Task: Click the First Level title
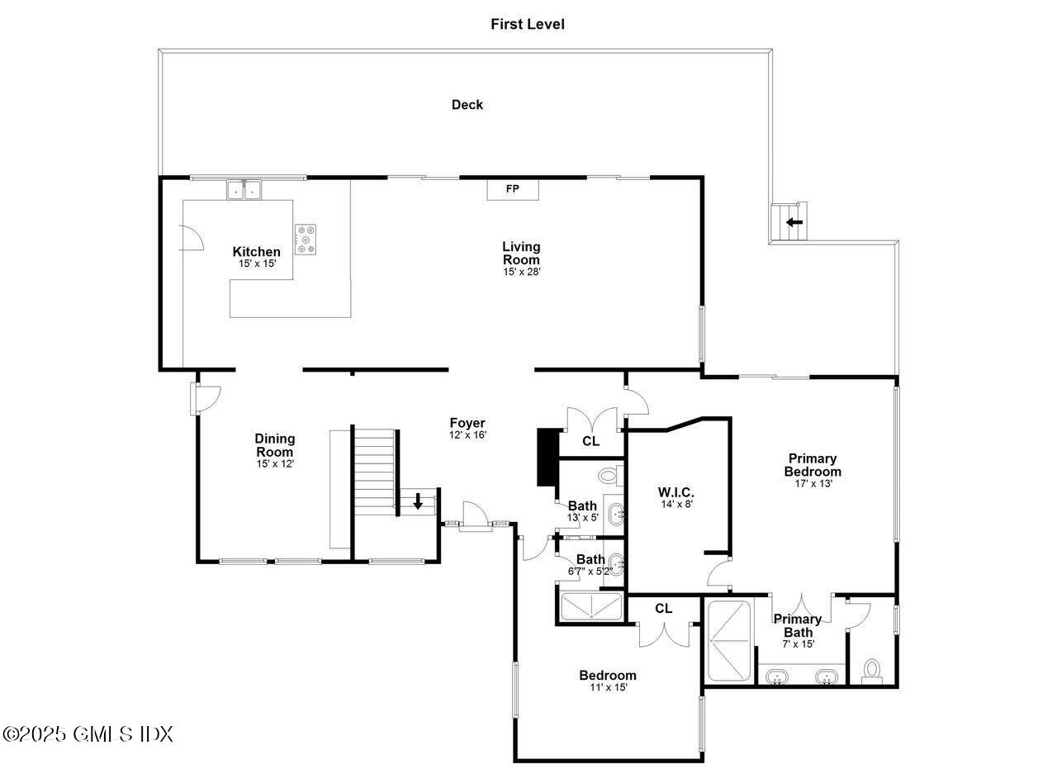point(528,24)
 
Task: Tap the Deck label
point(467,105)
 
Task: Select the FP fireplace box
point(512,189)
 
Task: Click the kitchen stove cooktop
point(306,239)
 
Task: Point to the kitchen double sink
point(244,191)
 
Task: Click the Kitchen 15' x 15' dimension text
point(257,263)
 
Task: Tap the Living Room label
point(521,253)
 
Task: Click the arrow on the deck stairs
point(794,222)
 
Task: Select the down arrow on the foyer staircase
point(419,501)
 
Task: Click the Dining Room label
point(274,445)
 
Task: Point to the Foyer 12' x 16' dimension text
point(467,434)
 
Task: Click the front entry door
point(476,516)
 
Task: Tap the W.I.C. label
point(676,492)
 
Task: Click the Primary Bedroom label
point(813,465)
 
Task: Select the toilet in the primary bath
point(871,671)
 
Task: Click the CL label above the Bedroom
point(664,609)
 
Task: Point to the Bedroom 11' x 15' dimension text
point(608,687)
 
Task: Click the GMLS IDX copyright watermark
point(88,733)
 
